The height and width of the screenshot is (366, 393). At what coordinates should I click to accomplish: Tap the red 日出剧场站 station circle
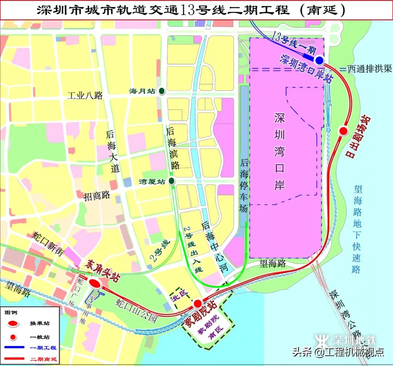point(343,131)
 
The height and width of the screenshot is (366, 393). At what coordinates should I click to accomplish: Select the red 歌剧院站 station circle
point(198,303)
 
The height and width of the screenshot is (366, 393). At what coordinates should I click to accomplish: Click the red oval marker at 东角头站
point(95,284)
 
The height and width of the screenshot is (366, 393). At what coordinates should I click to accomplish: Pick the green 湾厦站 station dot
point(171,181)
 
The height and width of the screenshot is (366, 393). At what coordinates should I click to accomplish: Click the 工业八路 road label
point(85,96)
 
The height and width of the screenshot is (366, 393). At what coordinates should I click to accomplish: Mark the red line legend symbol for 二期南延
point(14,359)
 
